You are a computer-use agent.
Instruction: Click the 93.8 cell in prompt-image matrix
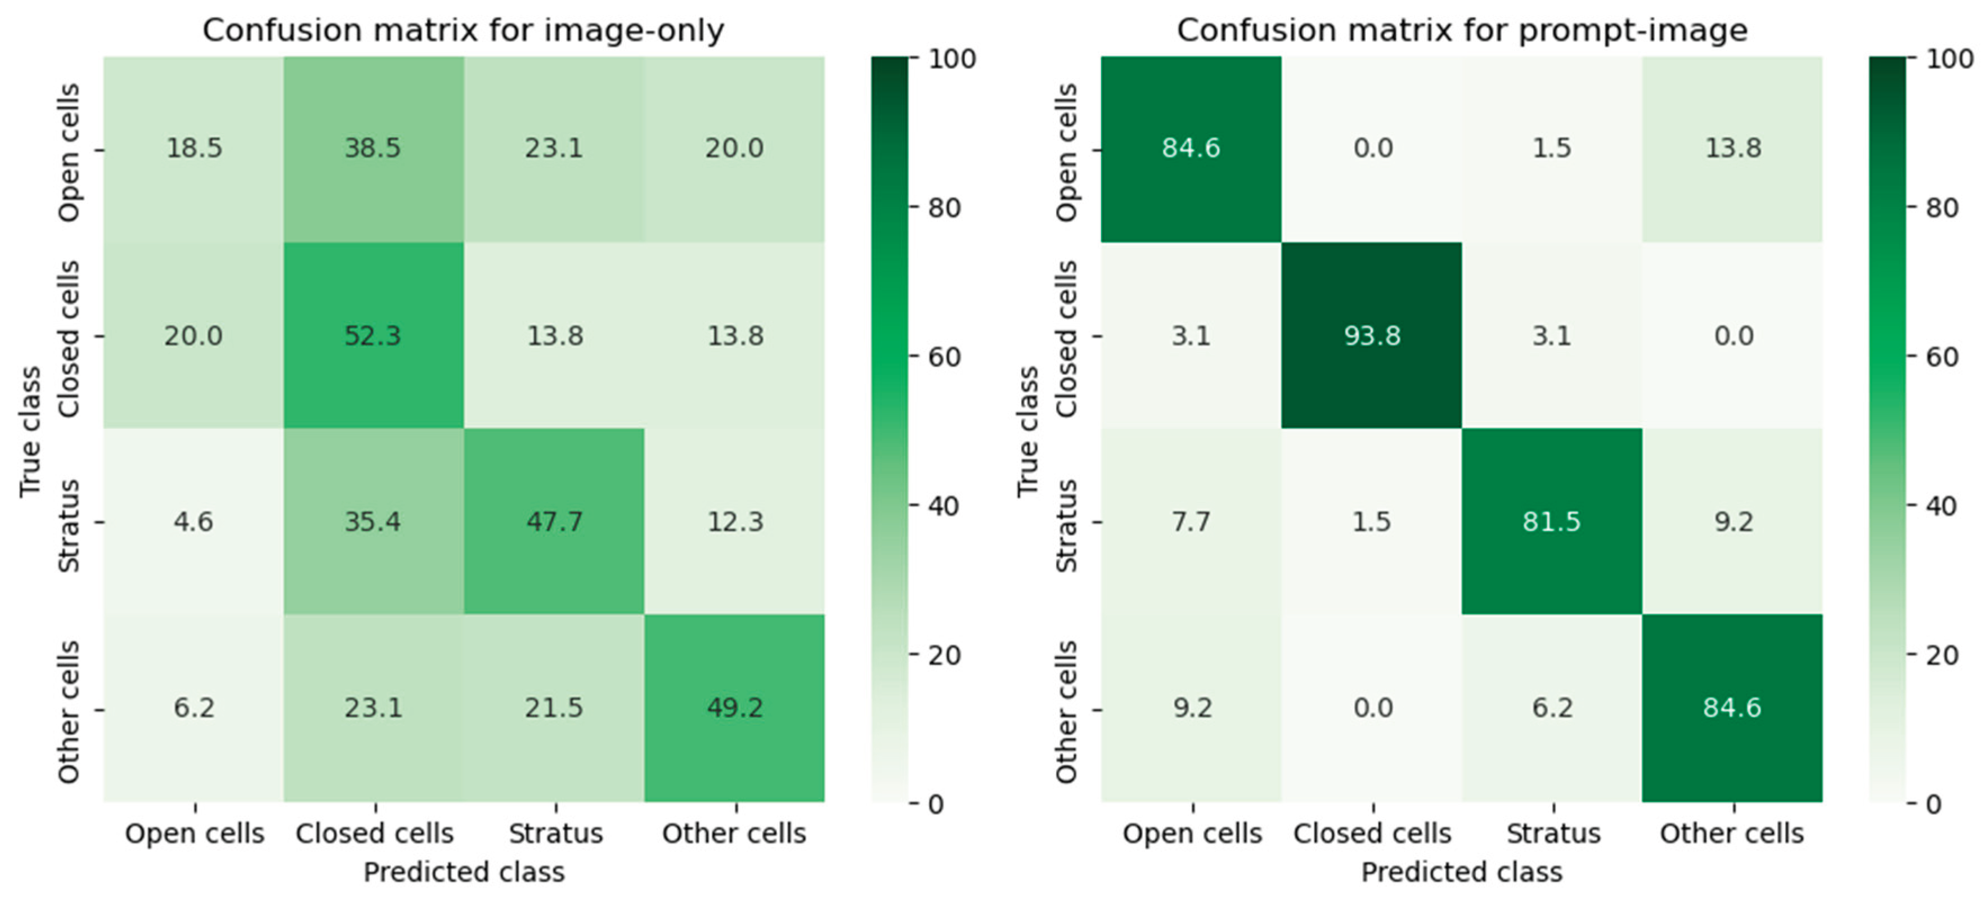click(x=1372, y=336)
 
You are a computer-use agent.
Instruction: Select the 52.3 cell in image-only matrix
click(x=373, y=336)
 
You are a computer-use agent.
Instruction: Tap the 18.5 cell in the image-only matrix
click(x=194, y=148)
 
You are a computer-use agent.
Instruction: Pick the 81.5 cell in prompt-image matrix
click(x=1551, y=521)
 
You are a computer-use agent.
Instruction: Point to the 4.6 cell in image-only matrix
click(x=194, y=521)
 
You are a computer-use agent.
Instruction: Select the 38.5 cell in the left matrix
click(x=373, y=148)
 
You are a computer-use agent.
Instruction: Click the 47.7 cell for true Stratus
click(x=554, y=521)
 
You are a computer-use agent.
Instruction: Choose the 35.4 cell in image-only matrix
click(x=373, y=521)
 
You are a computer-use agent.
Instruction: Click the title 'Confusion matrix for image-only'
click(x=463, y=31)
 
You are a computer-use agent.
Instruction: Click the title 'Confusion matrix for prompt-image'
click(x=1462, y=31)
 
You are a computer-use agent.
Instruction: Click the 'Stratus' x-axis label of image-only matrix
click(x=555, y=833)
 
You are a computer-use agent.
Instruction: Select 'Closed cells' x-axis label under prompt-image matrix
click(x=1372, y=833)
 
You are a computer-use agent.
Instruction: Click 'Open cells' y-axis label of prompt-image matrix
click(x=1066, y=152)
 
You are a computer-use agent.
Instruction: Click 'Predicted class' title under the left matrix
click(x=463, y=872)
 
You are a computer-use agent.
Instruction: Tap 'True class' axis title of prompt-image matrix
click(x=1028, y=431)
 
